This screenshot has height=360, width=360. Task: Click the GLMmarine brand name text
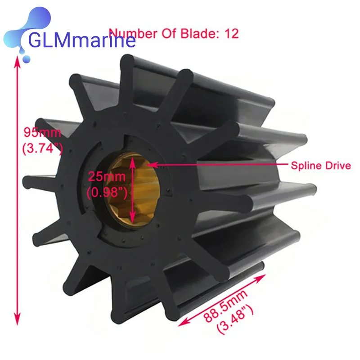(x=82, y=40)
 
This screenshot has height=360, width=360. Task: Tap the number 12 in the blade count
(x=232, y=33)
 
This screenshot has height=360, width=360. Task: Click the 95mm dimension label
(x=42, y=132)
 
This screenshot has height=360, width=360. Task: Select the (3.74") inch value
(x=42, y=148)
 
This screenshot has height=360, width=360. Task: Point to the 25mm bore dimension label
(x=107, y=176)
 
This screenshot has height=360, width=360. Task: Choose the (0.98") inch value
(x=107, y=192)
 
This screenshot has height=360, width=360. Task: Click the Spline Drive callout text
(x=321, y=166)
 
